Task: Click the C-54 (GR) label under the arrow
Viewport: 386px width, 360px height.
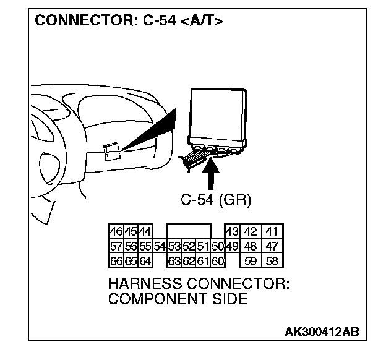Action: [215, 200]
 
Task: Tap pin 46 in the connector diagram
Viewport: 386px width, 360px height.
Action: [115, 232]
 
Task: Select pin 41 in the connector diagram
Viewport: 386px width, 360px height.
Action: [270, 232]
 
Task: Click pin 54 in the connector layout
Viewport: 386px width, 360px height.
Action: [160, 245]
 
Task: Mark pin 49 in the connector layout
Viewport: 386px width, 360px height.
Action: [231, 245]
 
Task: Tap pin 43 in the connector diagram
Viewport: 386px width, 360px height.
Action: [231, 232]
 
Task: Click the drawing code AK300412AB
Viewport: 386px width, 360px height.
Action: [321, 332]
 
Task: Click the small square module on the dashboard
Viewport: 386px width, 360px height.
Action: [111, 152]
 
